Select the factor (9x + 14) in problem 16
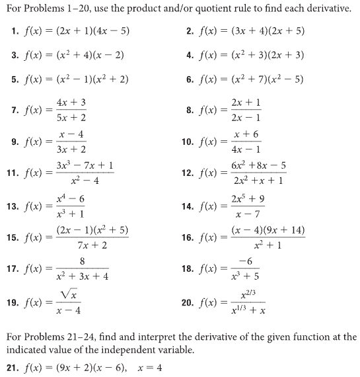(282, 230)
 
